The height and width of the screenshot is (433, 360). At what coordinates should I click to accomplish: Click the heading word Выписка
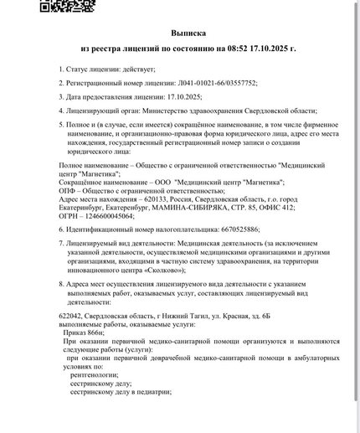coord(188,33)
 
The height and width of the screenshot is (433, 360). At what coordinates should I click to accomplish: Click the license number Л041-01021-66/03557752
coord(216,84)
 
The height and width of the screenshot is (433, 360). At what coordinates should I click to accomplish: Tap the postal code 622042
coord(75,314)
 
